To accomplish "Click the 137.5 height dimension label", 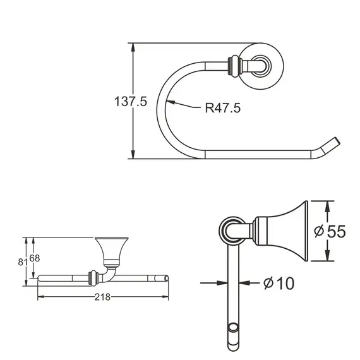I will point(130,102).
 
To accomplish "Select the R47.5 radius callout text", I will point(222,108).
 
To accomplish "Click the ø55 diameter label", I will point(330,232).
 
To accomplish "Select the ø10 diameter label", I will point(279,284).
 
